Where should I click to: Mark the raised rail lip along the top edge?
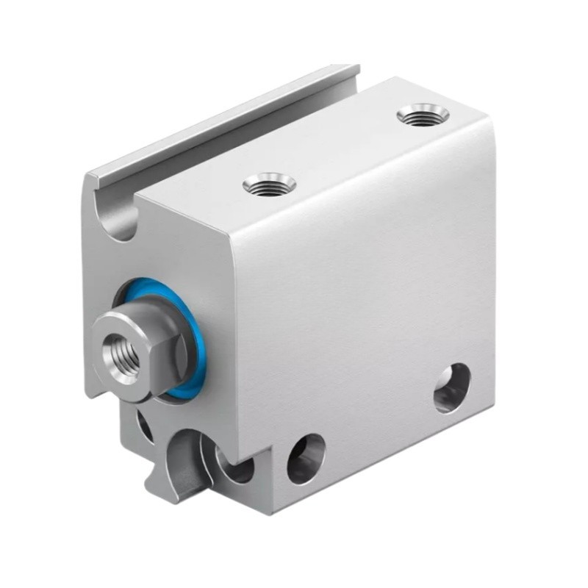220,121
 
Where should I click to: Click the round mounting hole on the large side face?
451,387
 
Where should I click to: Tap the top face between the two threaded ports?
345,147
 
